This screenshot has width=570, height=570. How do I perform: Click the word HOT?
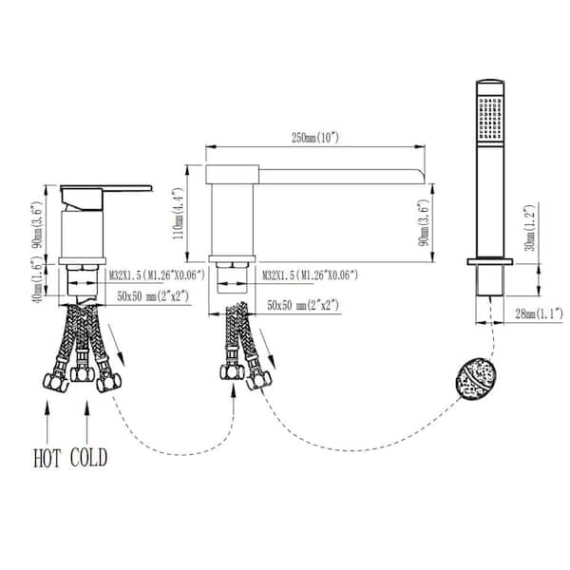click(x=47, y=458)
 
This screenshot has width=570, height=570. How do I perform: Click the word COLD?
click(x=88, y=458)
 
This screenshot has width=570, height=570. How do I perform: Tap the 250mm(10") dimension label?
click(x=315, y=138)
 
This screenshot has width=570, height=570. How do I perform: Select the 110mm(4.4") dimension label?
click(x=179, y=214)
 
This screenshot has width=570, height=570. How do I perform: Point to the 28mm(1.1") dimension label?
click(x=539, y=313)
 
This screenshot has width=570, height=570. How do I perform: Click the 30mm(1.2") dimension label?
click(x=530, y=228)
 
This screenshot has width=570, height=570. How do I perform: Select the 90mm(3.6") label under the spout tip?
click(x=425, y=223)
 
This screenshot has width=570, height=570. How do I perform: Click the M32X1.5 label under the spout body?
click(x=310, y=275)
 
